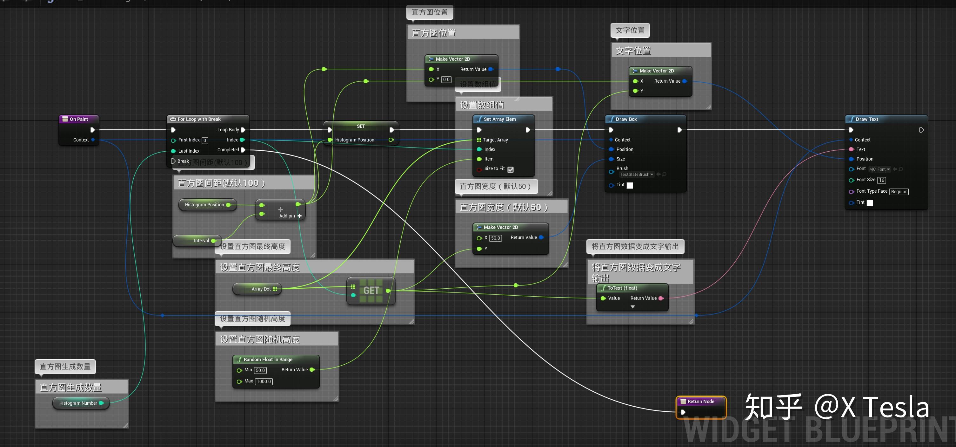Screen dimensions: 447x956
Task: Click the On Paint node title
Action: (79, 119)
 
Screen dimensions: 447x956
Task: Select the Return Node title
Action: (700, 401)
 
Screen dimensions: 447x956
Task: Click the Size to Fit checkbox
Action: (511, 169)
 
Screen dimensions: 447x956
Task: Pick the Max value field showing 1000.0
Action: (264, 382)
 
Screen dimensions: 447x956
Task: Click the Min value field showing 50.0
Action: (260, 370)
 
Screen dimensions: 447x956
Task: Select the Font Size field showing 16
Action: (881, 180)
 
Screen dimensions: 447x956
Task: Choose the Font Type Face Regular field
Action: (899, 192)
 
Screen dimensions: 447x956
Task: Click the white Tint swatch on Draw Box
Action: (630, 185)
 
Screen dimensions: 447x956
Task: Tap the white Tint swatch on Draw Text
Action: (870, 203)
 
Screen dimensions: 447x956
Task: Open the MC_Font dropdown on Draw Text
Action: (879, 169)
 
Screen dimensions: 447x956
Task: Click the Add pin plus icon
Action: (299, 216)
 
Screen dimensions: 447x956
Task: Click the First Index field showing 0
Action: (204, 141)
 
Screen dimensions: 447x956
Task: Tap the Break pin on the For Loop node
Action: (173, 161)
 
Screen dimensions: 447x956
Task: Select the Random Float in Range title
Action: (268, 360)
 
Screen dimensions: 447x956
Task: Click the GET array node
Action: (371, 291)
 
